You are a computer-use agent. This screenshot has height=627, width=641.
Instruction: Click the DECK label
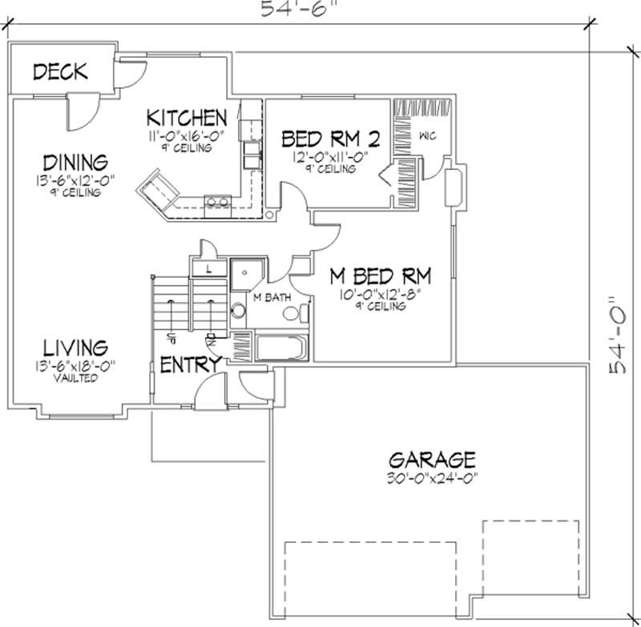tap(60, 72)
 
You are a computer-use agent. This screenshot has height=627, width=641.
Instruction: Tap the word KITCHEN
tap(187, 117)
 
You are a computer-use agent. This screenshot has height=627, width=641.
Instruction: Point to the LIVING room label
tap(75, 348)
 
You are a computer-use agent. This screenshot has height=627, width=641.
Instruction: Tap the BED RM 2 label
tap(330, 139)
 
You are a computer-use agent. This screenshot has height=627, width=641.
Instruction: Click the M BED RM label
tap(381, 277)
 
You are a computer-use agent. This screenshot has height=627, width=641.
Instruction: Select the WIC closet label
tap(425, 135)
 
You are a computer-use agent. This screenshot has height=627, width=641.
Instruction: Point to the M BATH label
tap(271, 298)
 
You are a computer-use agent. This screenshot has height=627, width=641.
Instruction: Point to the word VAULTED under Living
tap(77, 378)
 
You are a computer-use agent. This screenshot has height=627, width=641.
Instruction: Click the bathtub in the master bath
tap(280, 348)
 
